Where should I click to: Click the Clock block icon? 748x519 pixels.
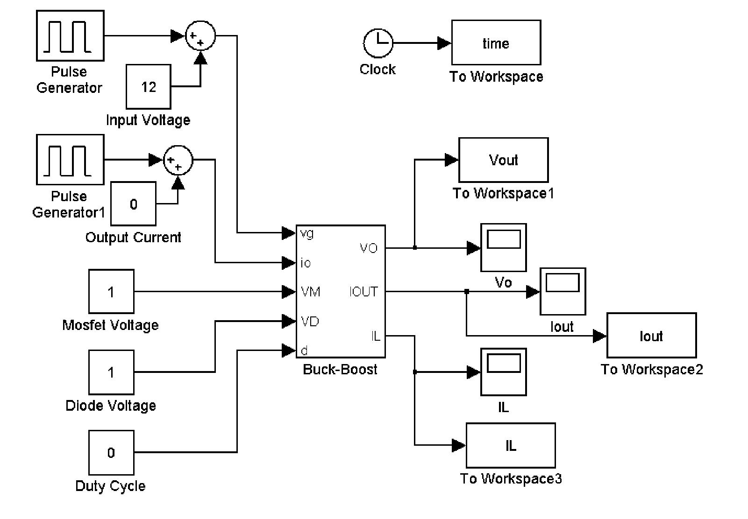(378, 43)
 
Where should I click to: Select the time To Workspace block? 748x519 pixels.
(496, 42)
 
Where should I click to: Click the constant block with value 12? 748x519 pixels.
(148, 87)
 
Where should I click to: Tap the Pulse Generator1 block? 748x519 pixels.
(70, 160)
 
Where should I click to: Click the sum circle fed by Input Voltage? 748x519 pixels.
(200, 35)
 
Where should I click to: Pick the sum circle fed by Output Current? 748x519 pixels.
(178, 160)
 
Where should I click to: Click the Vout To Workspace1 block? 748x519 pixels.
(503, 160)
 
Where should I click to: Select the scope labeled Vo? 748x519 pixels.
(503, 247)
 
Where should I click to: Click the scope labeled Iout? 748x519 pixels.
(563, 292)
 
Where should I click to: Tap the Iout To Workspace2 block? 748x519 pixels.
(651, 336)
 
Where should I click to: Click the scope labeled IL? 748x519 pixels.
(503, 372)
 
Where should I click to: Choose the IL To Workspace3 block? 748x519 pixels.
(510, 445)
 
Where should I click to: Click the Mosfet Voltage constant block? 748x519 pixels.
(111, 292)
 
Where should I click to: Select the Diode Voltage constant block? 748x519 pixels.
(111, 372)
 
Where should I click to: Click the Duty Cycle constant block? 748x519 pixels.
(111, 453)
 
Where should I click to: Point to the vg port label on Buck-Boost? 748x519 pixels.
(307, 233)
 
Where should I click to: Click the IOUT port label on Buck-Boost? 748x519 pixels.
(363, 292)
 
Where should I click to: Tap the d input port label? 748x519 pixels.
(304, 351)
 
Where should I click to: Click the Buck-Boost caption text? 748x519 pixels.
(340, 370)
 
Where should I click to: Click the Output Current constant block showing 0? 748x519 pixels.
(133, 204)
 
